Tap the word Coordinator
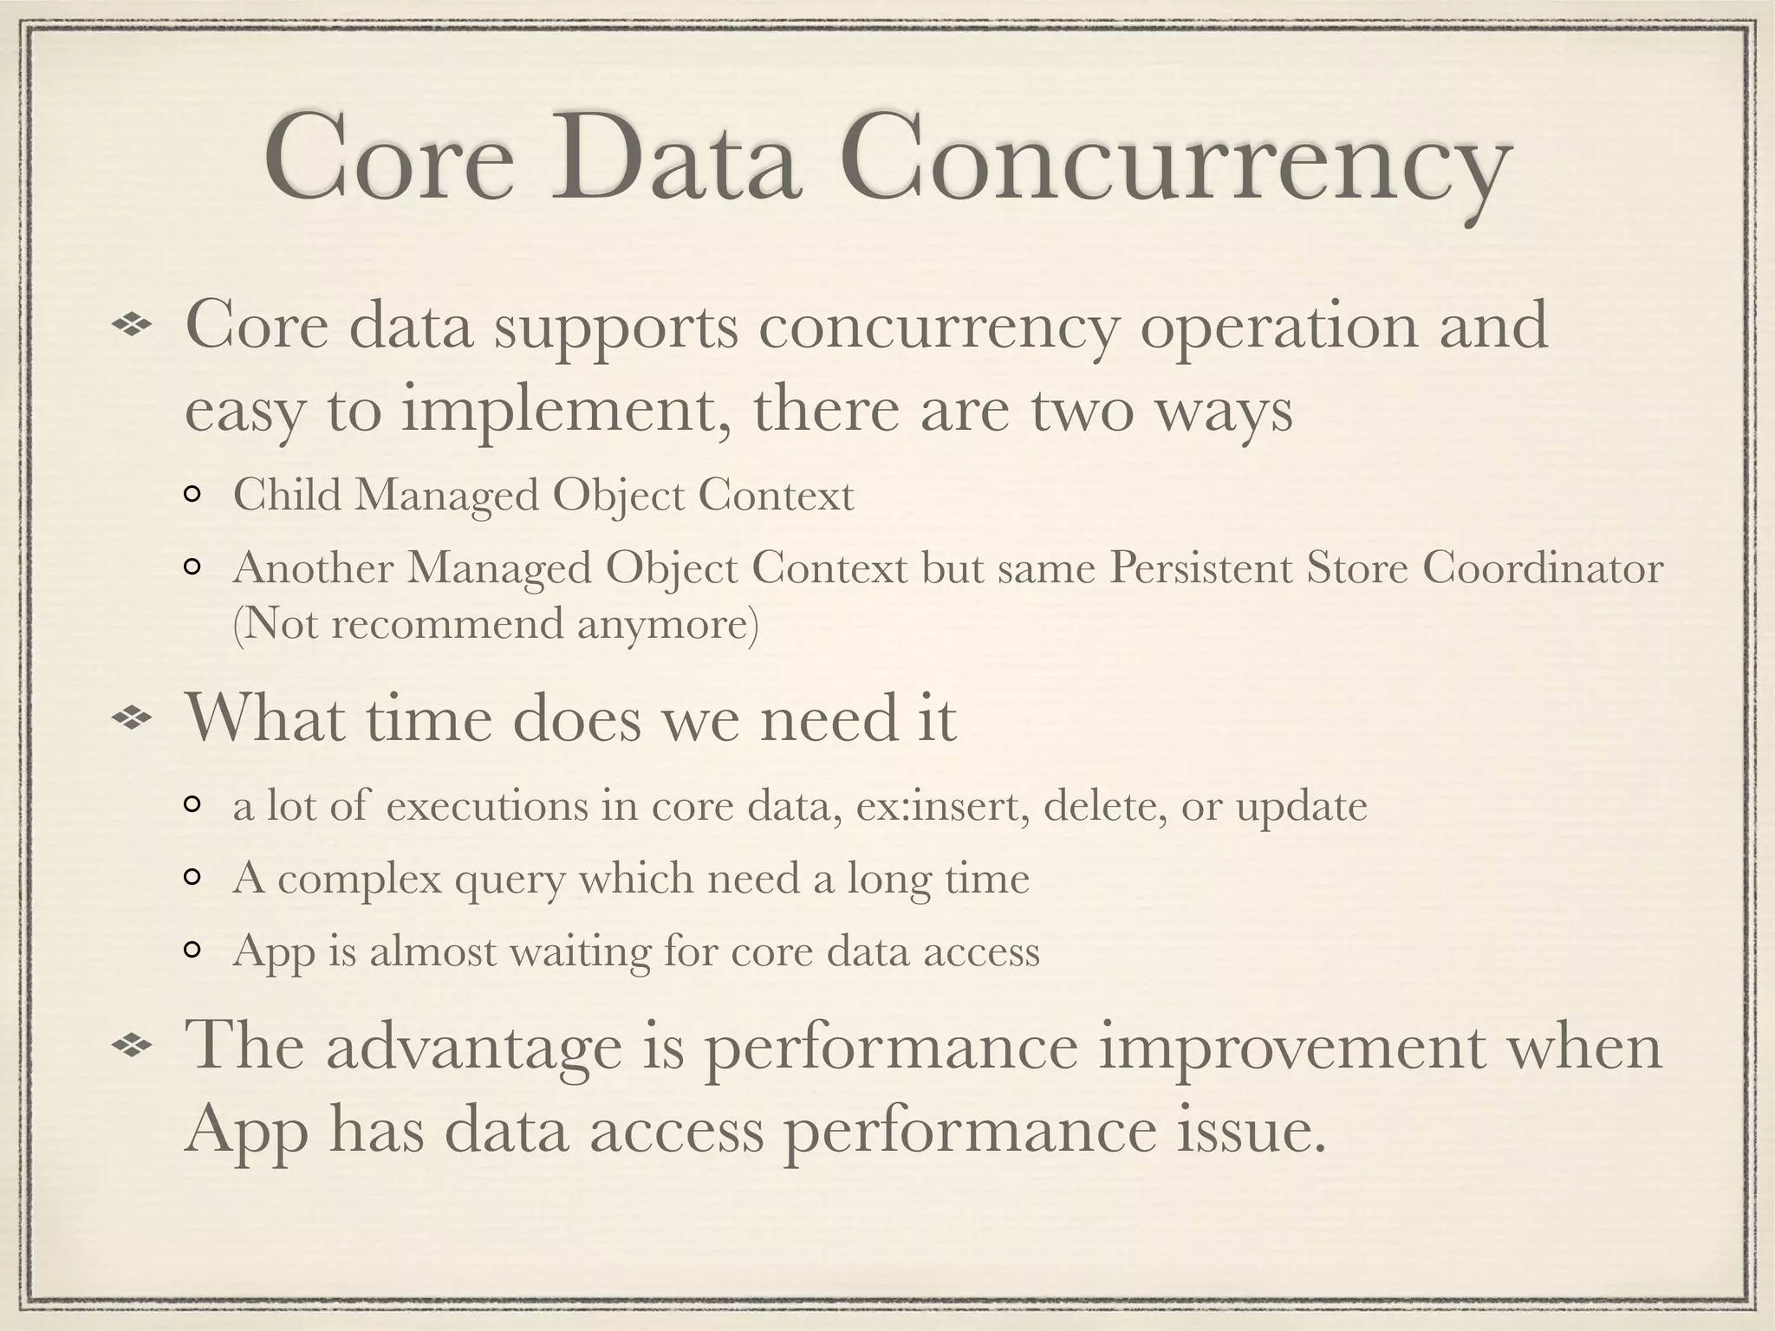(x=1544, y=568)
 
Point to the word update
(x=1301, y=808)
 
